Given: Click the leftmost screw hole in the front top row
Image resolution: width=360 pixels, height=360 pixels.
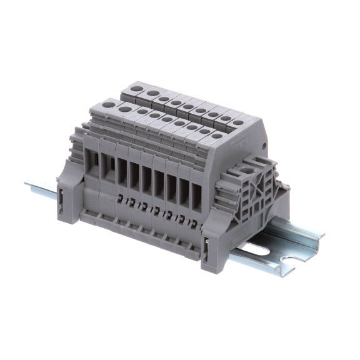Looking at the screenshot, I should click(111, 105).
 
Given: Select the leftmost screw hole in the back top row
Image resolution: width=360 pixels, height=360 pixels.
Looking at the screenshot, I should click(136, 89).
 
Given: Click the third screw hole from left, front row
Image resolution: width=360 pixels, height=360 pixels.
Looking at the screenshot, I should click(143, 111).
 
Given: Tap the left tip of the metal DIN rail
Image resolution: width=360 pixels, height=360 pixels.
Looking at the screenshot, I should click(27, 184).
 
